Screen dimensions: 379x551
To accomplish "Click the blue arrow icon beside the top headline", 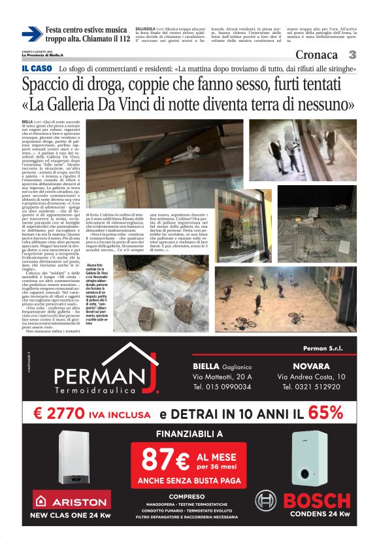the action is coord(31,34).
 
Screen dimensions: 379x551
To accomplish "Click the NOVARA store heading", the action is coord(316,366).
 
